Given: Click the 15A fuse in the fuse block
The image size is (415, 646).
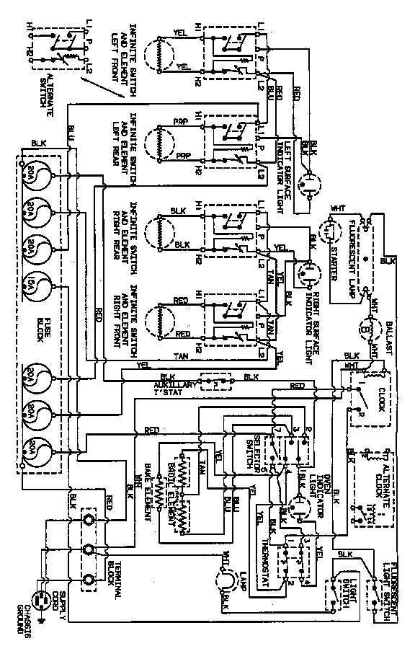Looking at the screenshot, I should tap(35, 288).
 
